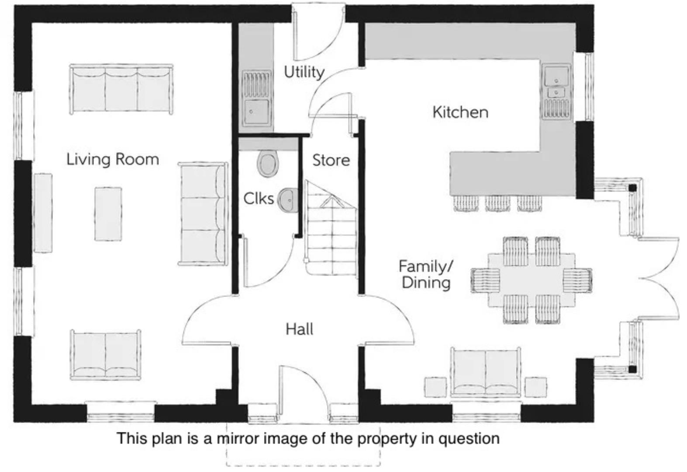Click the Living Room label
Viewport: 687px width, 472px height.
click(113, 159)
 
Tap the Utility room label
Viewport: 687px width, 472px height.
click(304, 72)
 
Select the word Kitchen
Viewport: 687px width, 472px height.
click(460, 112)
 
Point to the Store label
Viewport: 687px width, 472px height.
click(331, 160)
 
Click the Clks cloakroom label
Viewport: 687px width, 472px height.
click(259, 198)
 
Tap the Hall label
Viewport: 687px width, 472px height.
click(300, 329)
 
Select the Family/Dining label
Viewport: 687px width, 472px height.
click(426, 274)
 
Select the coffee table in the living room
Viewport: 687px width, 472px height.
click(108, 214)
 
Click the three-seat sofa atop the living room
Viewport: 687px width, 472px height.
click(121, 89)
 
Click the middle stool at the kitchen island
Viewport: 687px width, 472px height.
click(497, 203)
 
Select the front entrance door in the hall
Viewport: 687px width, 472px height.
click(302, 393)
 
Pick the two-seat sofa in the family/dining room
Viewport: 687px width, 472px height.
click(486, 372)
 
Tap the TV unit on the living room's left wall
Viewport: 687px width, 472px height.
click(43, 212)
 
